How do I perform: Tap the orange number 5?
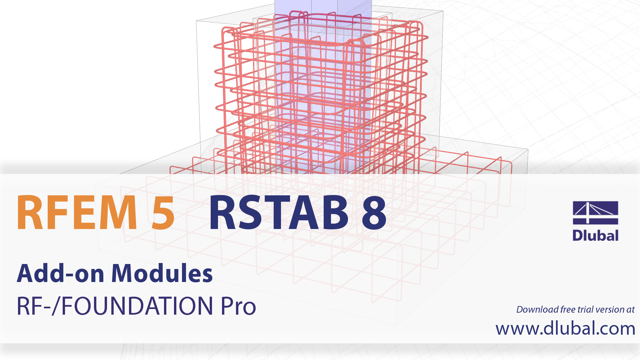[x=163, y=213]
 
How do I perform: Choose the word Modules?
[x=162, y=273]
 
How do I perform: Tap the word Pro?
[x=238, y=306]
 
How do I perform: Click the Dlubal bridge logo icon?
[x=595, y=212]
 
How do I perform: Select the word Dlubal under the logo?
[x=595, y=235]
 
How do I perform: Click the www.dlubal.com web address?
[x=565, y=328]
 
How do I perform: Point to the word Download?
[x=537, y=309]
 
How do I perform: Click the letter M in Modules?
[x=125, y=273]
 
